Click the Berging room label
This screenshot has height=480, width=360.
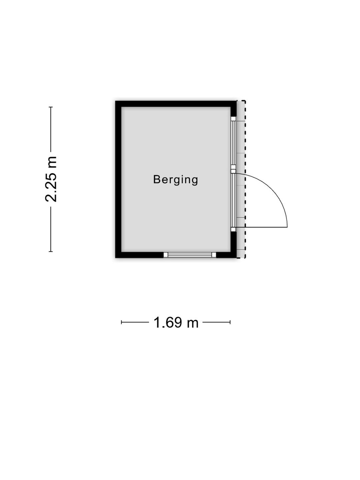tap(176, 180)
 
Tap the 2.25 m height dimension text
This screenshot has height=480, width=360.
tap(51, 179)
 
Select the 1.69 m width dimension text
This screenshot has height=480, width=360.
tap(176, 322)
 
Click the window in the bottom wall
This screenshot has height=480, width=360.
tap(190, 255)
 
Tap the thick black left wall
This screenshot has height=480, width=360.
tap(118, 179)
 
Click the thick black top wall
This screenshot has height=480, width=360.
tap(176, 104)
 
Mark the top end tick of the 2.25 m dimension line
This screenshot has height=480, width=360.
tap(51, 107)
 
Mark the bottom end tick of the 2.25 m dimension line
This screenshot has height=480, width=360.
tap(51, 251)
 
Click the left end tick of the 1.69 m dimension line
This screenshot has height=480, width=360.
tap(122, 322)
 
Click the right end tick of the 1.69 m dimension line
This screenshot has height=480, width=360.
tap(230, 322)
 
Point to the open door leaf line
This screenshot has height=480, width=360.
tap(262, 227)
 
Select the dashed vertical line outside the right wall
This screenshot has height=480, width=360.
tap(245, 179)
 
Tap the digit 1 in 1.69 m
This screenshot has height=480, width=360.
tap(157, 322)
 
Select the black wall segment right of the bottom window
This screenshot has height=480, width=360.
tap(226, 255)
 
